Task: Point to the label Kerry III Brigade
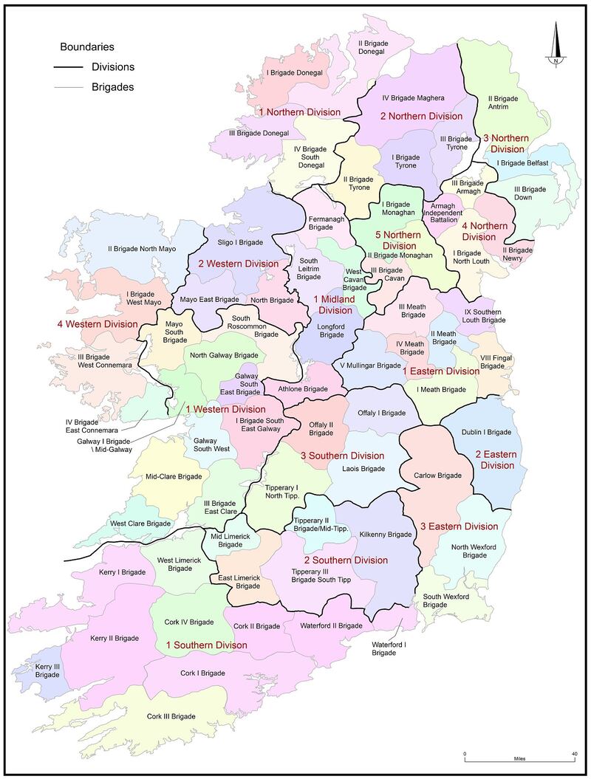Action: coord(47,670)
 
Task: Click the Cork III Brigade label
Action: coord(171,716)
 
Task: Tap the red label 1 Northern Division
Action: coord(299,112)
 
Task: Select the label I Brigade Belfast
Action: coord(523,162)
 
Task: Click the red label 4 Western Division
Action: coord(98,323)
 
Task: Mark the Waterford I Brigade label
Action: coord(384,648)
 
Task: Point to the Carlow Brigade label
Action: coord(438,476)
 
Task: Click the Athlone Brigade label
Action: coord(302,388)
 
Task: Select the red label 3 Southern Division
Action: coord(342,456)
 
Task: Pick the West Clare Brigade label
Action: coord(140,524)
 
